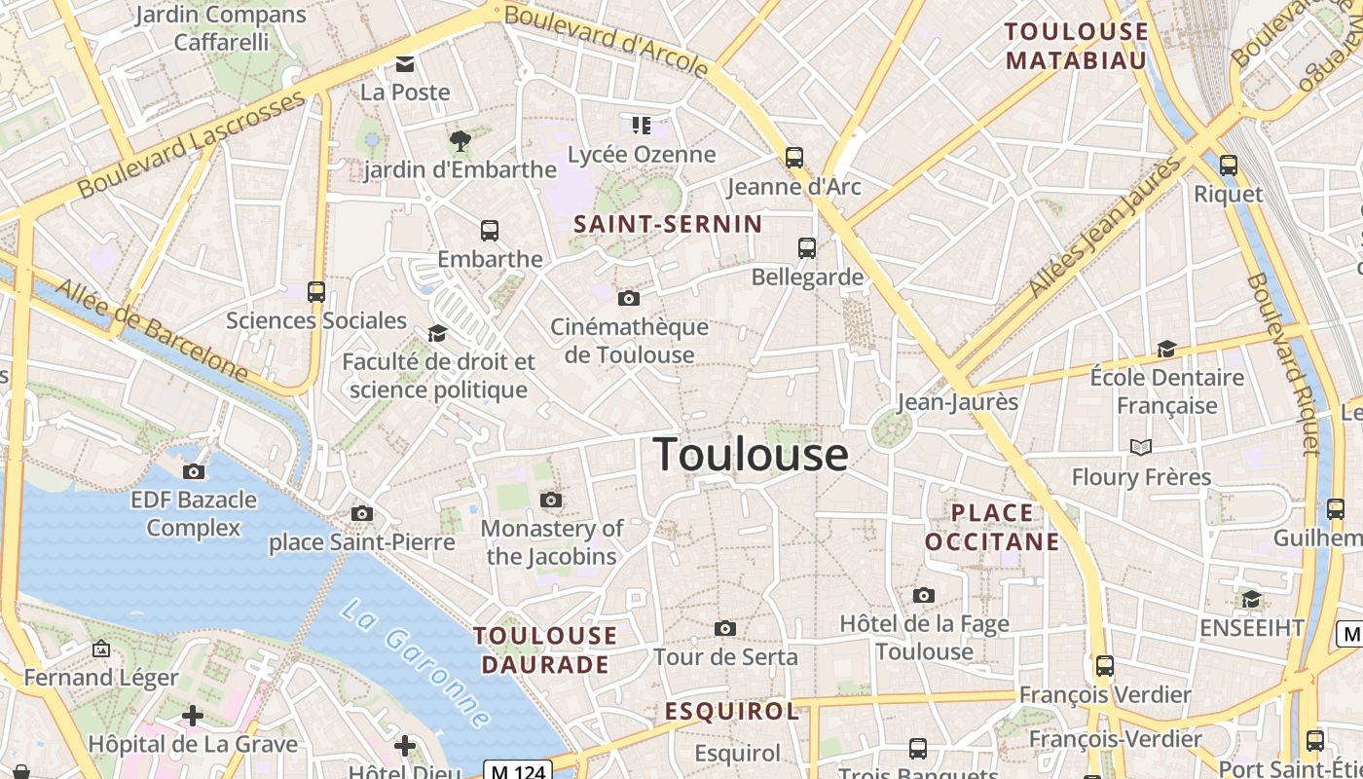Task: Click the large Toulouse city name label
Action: [750, 455]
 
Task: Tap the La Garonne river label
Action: [416, 664]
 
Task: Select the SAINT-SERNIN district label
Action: [668, 224]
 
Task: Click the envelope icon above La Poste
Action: [404, 64]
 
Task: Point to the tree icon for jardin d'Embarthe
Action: [460, 141]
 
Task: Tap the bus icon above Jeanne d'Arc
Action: [794, 157]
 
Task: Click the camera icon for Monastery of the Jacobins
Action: [551, 501]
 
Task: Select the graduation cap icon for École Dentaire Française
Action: [1166, 349]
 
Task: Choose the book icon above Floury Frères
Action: [1141, 447]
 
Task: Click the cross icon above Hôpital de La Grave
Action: [193, 716]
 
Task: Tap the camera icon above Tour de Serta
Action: [725, 629]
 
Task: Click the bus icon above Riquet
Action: [1229, 166]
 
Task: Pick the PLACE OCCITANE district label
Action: [992, 527]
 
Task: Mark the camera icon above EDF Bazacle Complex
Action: [194, 471]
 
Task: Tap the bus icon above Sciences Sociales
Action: [316, 291]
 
